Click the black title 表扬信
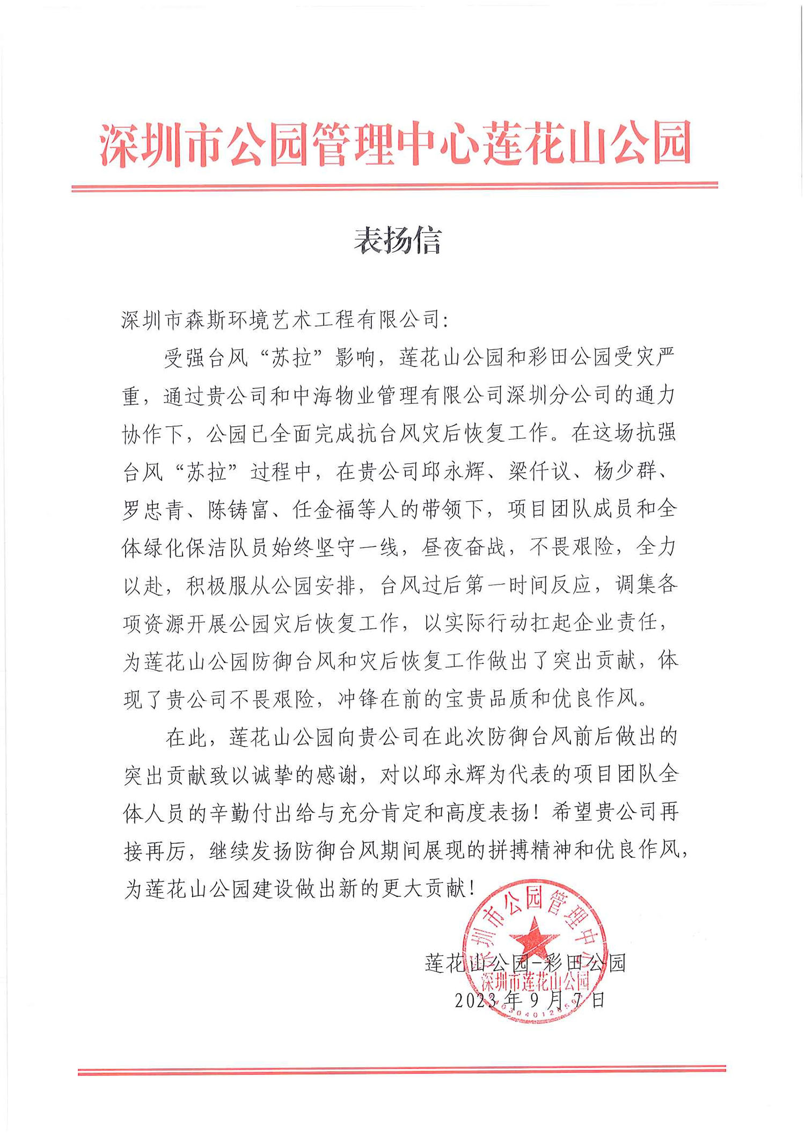point(398,240)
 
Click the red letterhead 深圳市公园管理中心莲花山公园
point(396,144)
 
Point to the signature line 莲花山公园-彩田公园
point(525,963)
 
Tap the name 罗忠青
point(153,509)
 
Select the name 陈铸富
point(238,509)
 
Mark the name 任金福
point(324,509)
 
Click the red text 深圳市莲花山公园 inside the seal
point(535,982)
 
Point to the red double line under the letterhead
point(394,187)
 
